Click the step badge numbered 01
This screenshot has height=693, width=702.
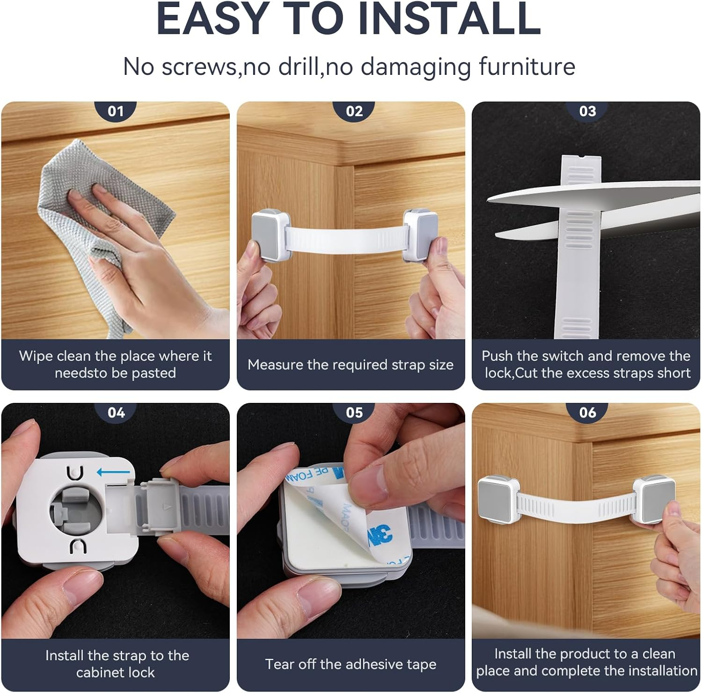tap(116, 111)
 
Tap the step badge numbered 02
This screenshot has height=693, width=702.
tap(354, 111)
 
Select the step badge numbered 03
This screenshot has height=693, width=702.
tap(587, 111)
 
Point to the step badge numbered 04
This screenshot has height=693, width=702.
tap(116, 412)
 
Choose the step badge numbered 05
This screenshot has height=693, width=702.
tap(354, 412)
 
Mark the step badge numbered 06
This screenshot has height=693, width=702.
tap(587, 412)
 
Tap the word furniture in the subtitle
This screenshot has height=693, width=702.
tap(527, 66)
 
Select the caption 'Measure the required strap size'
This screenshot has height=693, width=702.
tap(351, 365)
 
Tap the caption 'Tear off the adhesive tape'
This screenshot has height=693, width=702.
tap(351, 664)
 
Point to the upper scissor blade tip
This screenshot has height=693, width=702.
tap(490, 199)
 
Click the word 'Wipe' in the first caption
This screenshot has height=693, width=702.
tap(36, 356)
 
